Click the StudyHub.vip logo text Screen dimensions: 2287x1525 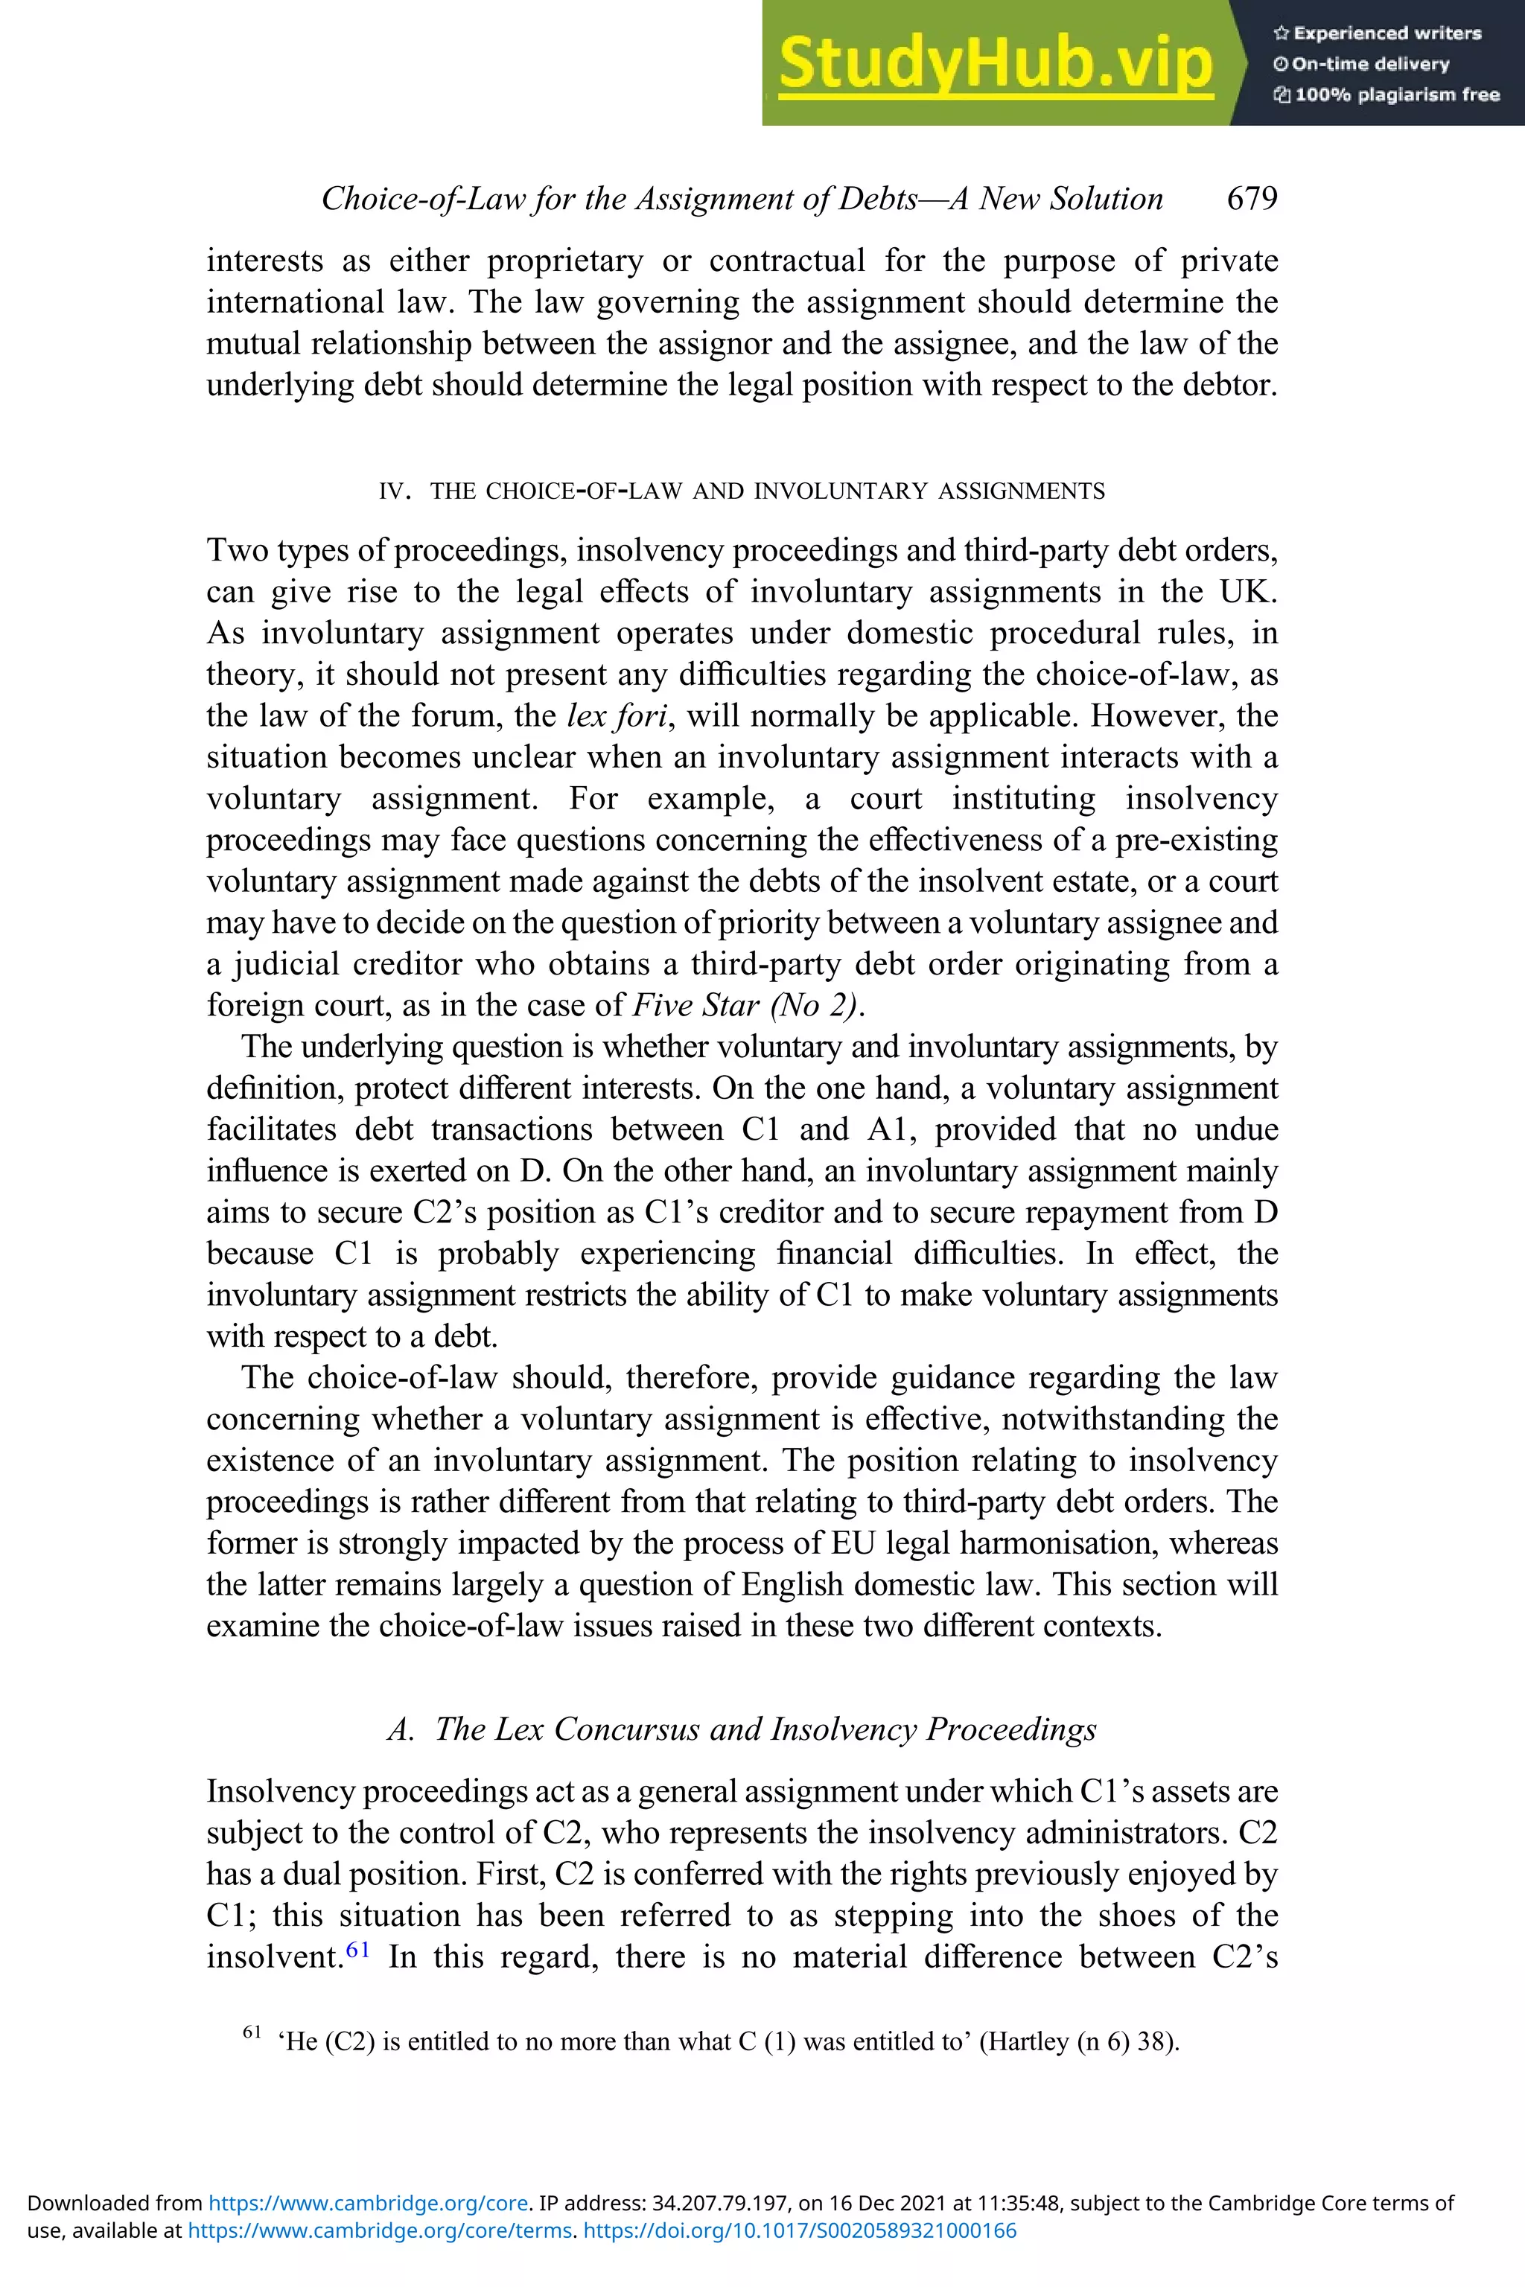click(x=995, y=63)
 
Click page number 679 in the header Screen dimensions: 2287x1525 click(x=1252, y=198)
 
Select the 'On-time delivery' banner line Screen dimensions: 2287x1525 click(x=1362, y=63)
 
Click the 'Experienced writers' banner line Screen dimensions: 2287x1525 click(x=1377, y=33)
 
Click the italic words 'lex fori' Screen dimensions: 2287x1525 click(x=617, y=715)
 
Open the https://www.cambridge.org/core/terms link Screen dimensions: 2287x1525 click(x=381, y=2230)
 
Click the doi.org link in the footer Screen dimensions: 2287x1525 click(x=800, y=2230)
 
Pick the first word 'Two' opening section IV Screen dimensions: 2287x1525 click(x=232, y=550)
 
